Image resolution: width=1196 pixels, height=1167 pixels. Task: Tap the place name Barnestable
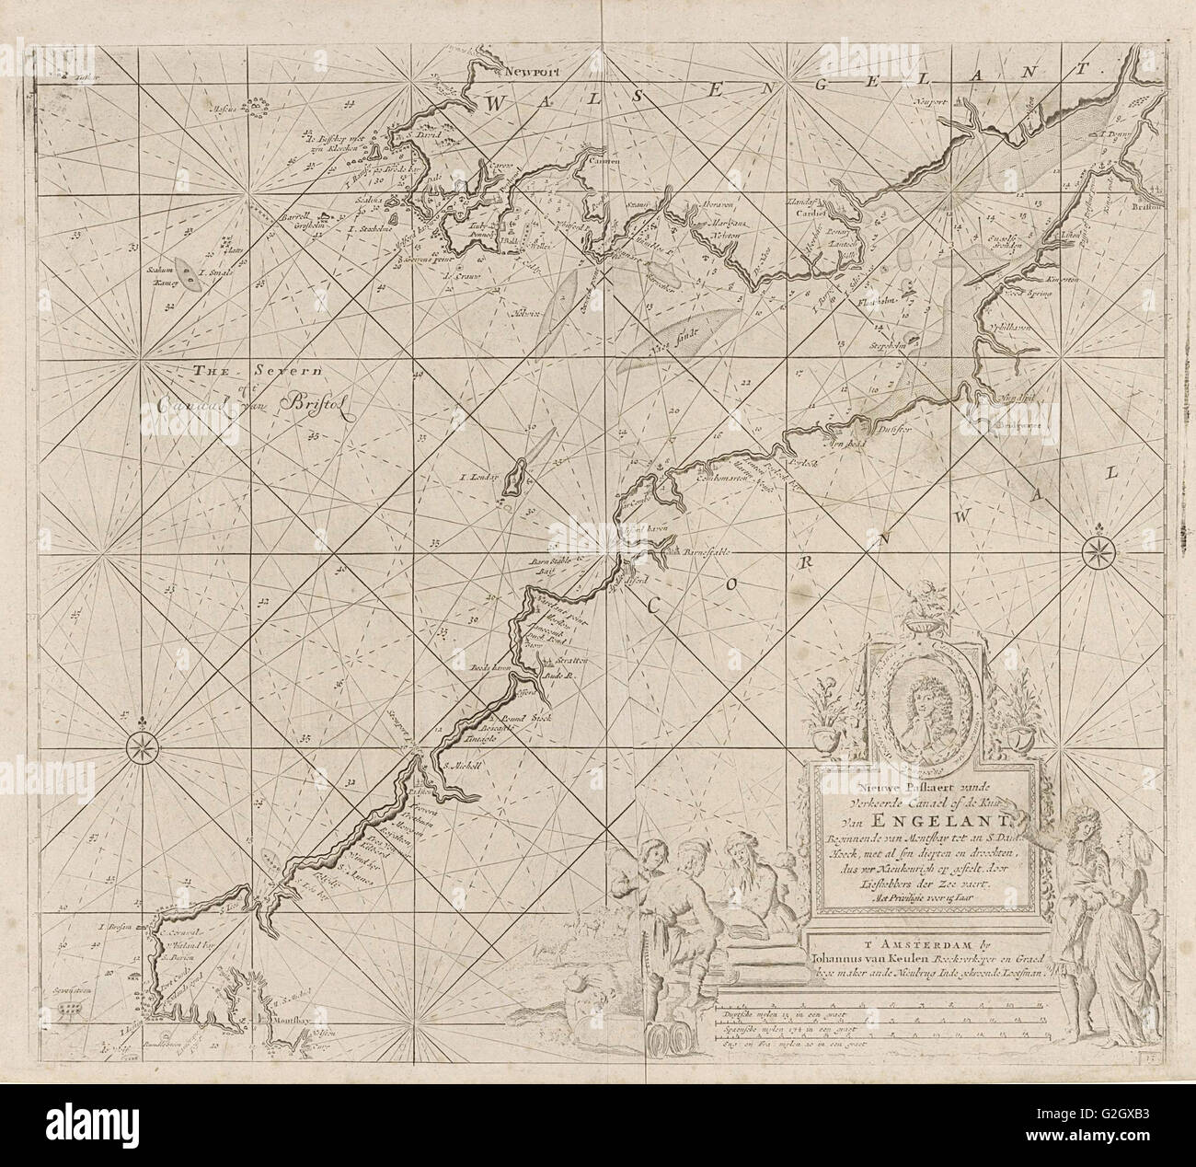(707, 552)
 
